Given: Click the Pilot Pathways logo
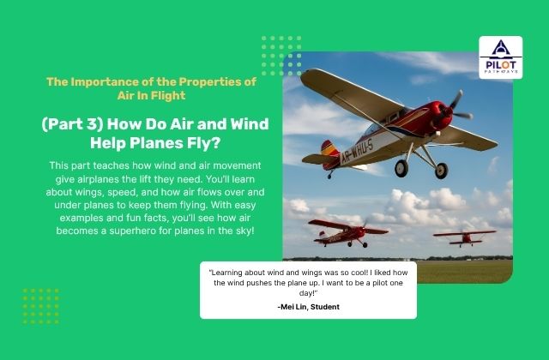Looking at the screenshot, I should (499, 58).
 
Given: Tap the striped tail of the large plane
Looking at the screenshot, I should (329, 156).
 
